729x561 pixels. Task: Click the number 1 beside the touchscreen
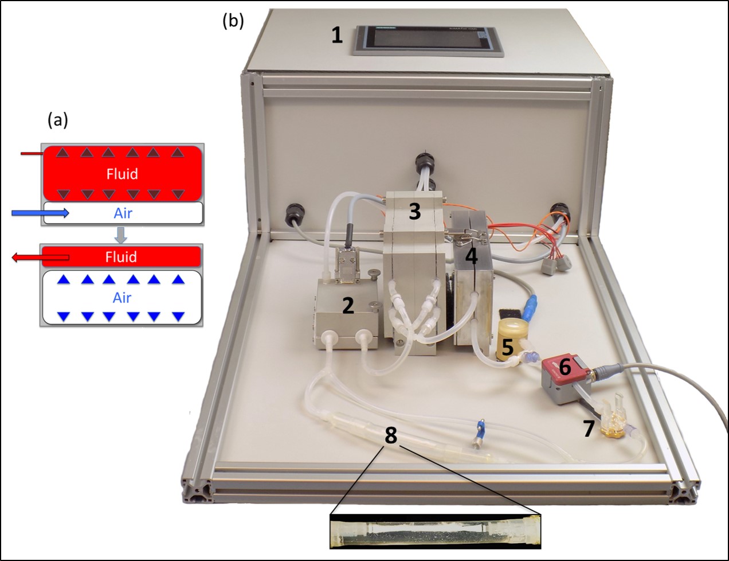pos(337,35)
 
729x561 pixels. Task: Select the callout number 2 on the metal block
pos(348,306)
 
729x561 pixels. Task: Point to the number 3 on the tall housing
pos(414,211)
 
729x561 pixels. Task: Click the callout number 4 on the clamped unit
pos(471,256)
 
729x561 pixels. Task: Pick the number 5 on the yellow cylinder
pos(507,346)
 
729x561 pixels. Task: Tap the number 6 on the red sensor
pos(565,367)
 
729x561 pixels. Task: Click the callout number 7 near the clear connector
pos(589,428)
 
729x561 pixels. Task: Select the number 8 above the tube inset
pos(391,435)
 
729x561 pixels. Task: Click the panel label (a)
pos(58,119)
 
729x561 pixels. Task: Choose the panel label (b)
pos(233,21)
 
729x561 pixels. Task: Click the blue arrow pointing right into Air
pos(40,213)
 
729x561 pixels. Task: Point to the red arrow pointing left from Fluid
pos(40,258)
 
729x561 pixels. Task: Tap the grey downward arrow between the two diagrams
pos(120,234)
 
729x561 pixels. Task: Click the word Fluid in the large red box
pos(122,174)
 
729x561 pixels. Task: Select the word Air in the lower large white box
pos(121,298)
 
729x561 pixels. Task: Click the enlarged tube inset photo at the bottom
pos(436,531)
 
